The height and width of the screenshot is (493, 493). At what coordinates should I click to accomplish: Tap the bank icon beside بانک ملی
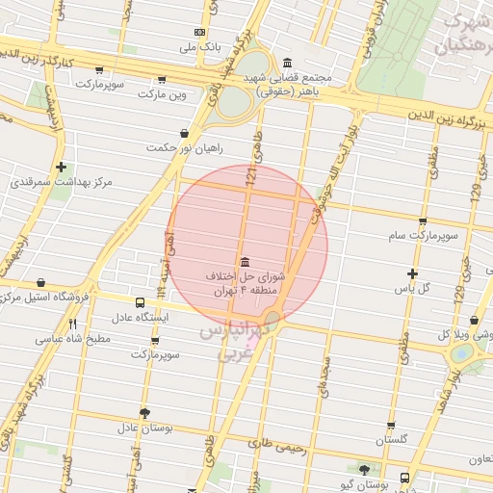[197, 32]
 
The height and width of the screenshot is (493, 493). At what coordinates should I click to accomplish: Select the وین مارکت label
[162, 94]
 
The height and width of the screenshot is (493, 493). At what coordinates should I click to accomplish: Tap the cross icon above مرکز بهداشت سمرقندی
[61, 167]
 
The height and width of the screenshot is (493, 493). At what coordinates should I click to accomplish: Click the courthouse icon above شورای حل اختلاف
[243, 262]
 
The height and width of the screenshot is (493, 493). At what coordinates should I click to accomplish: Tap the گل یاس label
[413, 288]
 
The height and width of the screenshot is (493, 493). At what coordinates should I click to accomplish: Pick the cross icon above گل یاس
[413, 274]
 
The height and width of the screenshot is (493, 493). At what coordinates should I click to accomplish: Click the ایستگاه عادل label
[140, 317]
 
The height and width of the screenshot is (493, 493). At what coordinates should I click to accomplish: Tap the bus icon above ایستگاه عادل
[141, 302]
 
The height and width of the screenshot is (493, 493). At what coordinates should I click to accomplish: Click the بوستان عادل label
[143, 427]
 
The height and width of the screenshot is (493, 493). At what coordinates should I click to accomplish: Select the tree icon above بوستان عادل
[144, 412]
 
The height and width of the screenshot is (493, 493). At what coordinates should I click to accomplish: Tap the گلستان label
[392, 439]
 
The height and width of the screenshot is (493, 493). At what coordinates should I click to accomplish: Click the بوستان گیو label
[364, 481]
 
